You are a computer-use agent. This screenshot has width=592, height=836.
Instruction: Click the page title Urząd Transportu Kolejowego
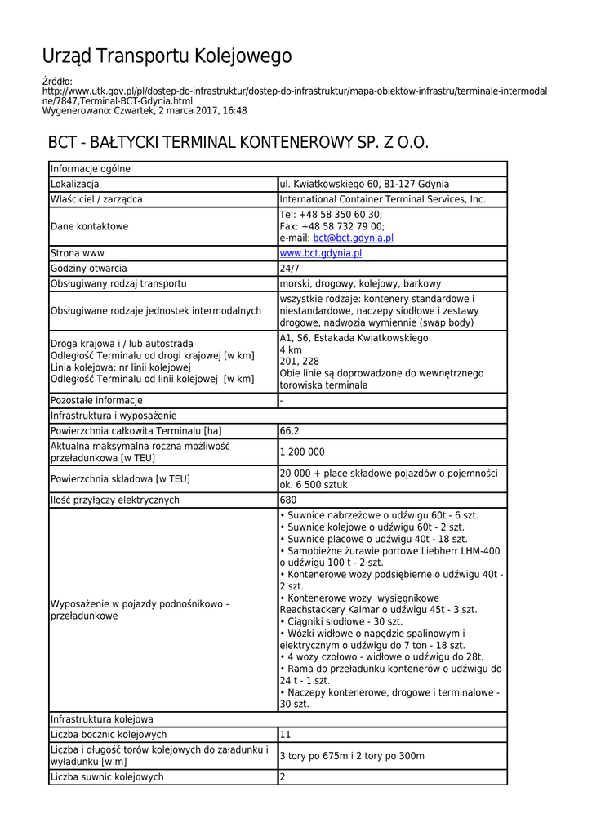[167, 56]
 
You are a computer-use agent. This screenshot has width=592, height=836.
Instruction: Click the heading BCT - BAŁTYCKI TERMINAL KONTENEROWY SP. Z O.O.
[238, 143]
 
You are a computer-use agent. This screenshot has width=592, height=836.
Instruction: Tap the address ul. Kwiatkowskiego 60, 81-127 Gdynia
[364, 185]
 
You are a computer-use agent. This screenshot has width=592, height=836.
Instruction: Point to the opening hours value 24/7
[290, 269]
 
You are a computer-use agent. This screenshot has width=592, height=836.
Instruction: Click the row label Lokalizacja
[74, 185]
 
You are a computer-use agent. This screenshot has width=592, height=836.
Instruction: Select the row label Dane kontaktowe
[89, 226]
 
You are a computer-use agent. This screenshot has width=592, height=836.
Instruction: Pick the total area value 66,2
[290, 431]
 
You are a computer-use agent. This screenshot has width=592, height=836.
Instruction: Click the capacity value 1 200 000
[302, 452]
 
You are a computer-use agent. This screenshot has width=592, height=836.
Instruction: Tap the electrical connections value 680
[288, 500]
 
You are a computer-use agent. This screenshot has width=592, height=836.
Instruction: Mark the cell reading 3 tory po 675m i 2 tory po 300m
[352, 756]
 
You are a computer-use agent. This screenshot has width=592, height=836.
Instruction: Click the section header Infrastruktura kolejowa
[101, 719]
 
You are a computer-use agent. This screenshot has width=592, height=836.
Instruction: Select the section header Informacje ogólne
[90, 169]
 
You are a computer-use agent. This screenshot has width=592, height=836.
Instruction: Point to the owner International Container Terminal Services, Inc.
[382, 199]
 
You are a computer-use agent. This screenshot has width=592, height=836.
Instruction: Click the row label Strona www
[77, 254]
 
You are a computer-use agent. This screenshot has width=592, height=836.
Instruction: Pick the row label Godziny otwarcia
[88, 269]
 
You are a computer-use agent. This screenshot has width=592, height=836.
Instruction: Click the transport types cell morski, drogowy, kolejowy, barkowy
[360, 284]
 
